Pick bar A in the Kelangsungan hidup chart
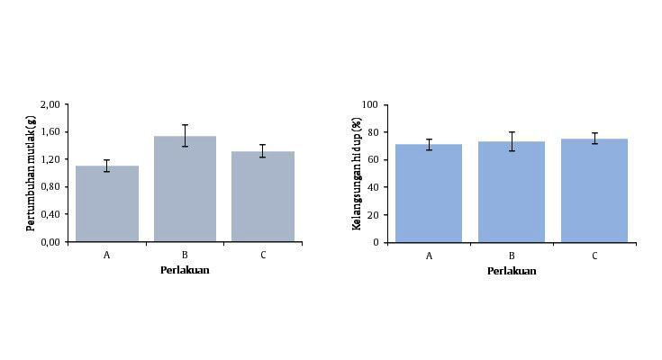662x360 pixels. [x=429, y=193]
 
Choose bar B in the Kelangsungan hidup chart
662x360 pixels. [x=512, y=192]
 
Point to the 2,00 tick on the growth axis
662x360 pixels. [x=50, y=104]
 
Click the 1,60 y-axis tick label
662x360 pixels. [x=50, y=132]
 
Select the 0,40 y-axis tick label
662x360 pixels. [x=50, y=214]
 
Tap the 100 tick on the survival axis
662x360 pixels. [x=369, y=104]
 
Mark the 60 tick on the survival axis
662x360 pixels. [x=372, y=160]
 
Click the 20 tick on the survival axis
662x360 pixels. [x=372, y=215]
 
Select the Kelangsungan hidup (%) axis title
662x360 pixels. [x=357, y=173]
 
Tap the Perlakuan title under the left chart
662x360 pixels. [x=185, y=270]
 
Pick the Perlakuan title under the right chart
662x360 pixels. [x=512, y=271]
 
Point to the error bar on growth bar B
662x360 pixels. [x=185, y=135]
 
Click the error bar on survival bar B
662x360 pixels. [x=512, y=141]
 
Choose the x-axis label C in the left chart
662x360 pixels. [x=263, y=255]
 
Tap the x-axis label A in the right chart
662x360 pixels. [x=429, y=256]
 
